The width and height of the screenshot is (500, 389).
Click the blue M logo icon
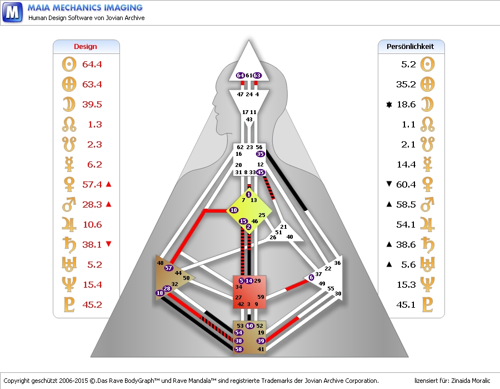[12, 12]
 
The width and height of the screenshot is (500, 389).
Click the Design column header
[86, 47]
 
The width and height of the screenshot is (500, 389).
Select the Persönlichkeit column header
[410, 47]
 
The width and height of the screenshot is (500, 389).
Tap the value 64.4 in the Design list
[92, 65]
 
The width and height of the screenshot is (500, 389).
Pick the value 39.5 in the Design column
[92, 105]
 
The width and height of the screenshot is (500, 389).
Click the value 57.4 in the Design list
[92, 185]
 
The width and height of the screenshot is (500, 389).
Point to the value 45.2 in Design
[92, 305]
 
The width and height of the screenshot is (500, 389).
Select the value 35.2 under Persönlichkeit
[405, 85]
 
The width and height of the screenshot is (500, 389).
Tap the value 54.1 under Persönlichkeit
[405, 225]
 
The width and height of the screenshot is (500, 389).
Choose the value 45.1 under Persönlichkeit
[405, 305]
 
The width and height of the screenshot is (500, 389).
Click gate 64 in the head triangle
[240, 75]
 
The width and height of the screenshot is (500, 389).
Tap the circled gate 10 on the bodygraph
[233, 210]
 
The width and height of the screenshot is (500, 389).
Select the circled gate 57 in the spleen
[168, 268]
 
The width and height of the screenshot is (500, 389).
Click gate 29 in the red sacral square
[257, 281]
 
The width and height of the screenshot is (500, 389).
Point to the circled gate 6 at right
[311, 277]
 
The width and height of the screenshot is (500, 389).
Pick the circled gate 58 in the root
[238, 349]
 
